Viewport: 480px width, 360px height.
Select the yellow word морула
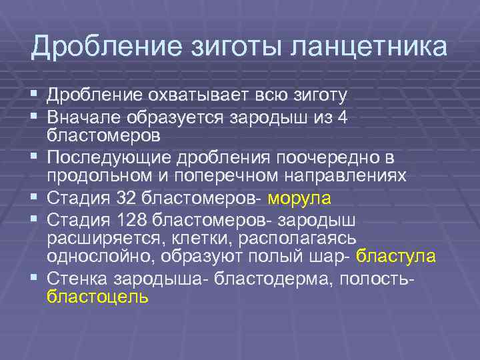coord(298,199)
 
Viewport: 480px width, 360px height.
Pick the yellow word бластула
coord(396,256)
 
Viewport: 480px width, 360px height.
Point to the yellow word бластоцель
coord(97,297)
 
